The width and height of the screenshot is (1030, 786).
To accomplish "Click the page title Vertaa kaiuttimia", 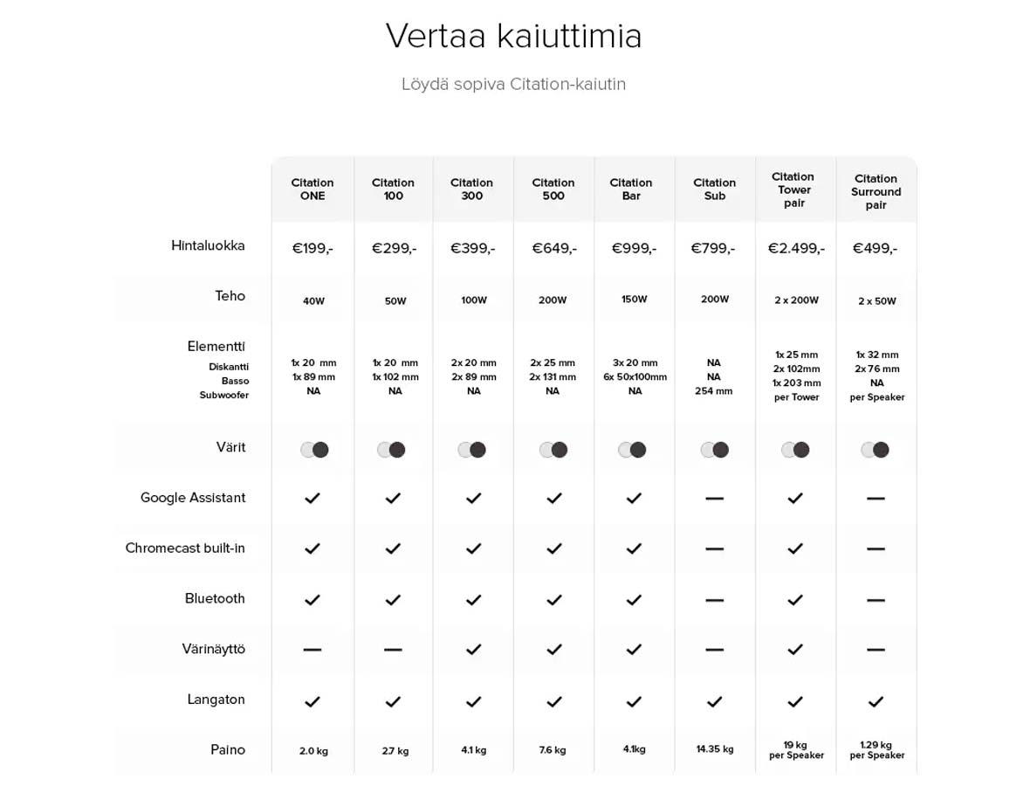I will pos(513,37).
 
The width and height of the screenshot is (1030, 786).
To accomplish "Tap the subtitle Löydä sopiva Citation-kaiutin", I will pos(513,85).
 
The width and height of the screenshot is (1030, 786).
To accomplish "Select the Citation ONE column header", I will pos(312,190).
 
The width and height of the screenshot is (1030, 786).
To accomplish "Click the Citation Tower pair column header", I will pos(794,190).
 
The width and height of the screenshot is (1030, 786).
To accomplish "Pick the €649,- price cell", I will pos(554,249).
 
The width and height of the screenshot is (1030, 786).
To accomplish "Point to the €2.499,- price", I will pos(795,249).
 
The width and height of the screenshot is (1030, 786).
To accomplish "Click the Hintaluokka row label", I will pos(208,245).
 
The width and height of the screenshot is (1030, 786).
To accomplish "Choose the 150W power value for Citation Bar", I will pos(635,300).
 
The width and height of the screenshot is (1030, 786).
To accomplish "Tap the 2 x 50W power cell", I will pos(876,301).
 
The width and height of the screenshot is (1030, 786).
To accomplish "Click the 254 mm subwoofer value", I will pos(714,391).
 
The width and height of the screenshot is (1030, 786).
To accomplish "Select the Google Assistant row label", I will pos(193,498).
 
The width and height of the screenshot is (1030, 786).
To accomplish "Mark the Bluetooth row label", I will pos(215,598).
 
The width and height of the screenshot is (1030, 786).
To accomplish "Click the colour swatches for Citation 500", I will pos(553,450).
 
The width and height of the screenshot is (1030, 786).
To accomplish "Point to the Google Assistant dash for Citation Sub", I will pos(714,499).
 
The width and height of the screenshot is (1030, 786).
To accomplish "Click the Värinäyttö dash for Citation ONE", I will pos(312,650).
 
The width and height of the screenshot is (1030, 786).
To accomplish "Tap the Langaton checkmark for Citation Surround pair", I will pos(875,701).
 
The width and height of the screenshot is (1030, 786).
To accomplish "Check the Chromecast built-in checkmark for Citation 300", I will pos(473,548).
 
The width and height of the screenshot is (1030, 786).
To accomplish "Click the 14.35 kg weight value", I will pos(715,749).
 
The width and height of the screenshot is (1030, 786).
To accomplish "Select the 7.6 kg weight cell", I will pos(553,750).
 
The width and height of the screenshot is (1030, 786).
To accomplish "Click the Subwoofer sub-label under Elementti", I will pos(224,396).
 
